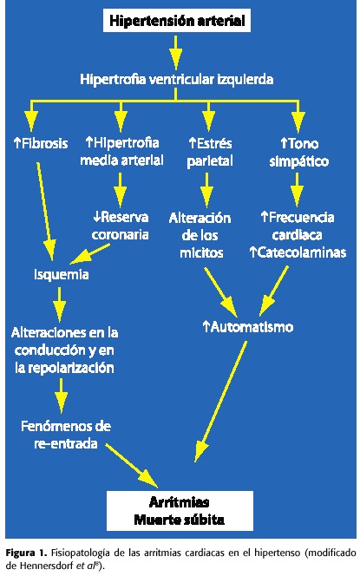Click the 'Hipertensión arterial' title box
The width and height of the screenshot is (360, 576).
click(177, 21)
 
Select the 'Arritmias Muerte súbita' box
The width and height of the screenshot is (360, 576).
click(180, 511)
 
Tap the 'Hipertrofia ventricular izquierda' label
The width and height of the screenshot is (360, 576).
click(177, 79)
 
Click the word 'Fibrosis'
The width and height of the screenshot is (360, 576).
click(45, 143)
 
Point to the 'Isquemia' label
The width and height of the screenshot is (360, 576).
click(62, 274)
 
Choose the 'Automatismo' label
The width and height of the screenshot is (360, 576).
click(248, 326)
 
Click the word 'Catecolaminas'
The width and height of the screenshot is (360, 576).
click(302, 252)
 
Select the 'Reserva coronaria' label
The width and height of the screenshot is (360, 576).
click(121, 226)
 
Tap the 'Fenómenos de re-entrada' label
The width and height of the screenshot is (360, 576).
click(66, 435)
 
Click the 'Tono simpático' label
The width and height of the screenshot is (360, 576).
click(299, 152)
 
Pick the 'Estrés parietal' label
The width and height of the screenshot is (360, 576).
click(210, 152)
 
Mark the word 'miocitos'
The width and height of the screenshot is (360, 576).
click(201, 252)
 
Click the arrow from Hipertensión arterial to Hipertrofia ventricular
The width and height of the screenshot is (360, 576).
click(175, 52)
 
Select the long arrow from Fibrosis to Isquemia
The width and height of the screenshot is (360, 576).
click(46, 211)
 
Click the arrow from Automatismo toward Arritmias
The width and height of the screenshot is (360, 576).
click(220, 401)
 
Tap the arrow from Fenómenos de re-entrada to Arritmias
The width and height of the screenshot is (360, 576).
click(132, 466)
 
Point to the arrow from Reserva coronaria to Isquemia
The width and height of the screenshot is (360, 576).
click(89, 254)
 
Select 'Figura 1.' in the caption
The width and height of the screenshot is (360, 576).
click(26, 552)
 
